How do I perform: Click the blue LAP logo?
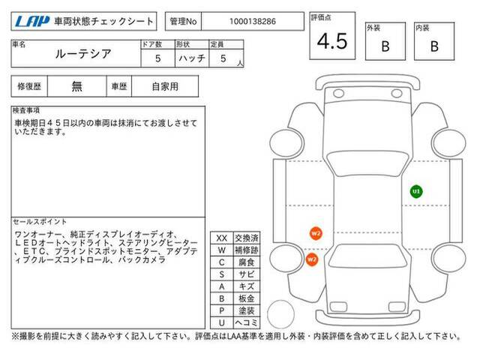(32, 22)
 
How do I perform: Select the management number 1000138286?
(253, 22)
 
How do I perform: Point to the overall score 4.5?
(332, 41)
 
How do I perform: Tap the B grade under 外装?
(385, 46)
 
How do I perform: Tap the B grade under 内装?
(434, 46)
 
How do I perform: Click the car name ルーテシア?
(83, 54)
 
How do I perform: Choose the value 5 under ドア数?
(157, 58)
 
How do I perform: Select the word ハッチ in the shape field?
(192, 58)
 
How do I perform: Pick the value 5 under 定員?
(223, 58)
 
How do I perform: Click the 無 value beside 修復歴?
(76, 86)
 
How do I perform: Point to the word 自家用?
(165, 86)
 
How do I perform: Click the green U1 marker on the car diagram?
(416, 192)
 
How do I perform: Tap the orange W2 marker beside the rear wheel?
(312, 259)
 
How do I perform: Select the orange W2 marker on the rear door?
(316, 233)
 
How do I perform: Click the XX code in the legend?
(222, 238)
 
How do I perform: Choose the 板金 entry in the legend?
(247, 298)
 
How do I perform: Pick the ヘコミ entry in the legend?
(247, 322)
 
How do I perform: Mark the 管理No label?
(183, 22)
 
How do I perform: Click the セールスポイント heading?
(40, 221)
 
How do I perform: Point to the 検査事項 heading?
(26, 110)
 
